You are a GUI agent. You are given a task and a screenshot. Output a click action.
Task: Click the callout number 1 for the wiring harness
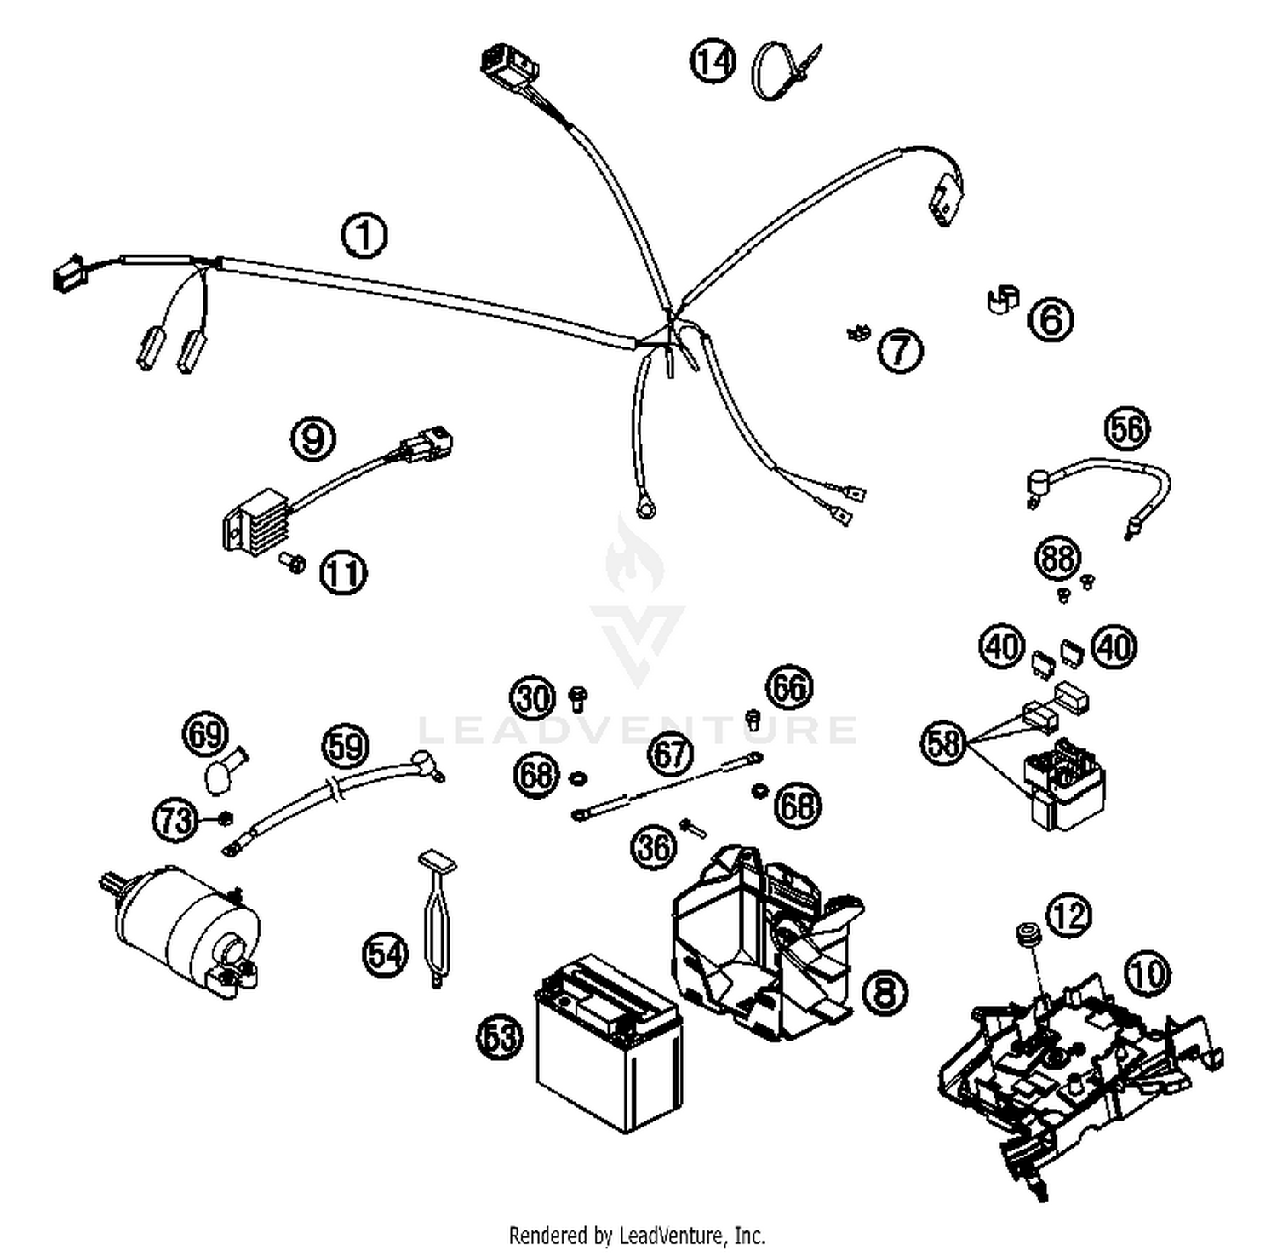coord(364,236)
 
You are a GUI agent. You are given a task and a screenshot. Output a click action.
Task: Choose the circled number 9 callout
coord(313,439)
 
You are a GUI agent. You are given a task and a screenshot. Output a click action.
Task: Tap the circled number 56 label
coord(1126,428)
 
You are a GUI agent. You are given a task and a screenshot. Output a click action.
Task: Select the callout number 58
coord(943,743)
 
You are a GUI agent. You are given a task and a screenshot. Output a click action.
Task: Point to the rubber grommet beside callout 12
coord(1028,934)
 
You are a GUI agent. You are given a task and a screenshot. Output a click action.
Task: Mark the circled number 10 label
coord(1148,972)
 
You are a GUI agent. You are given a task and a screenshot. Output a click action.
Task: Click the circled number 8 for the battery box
coord(885,992)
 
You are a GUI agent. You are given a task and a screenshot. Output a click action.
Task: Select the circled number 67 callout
coord(670,754)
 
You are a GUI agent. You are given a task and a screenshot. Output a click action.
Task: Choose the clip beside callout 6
coord(1003,300)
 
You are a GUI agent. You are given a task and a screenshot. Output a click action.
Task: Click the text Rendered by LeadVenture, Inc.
coord(637,1234)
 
